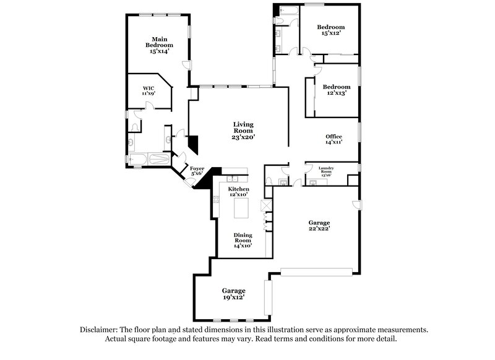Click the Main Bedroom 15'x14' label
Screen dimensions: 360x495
click(159, 45)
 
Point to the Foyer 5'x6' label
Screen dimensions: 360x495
click(197, 171)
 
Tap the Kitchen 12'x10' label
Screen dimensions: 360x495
click(238, 191)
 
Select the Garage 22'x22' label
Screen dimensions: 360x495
click(319, 226)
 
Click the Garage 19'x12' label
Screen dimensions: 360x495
click(233, 293)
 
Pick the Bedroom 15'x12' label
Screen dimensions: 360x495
click(330, 30)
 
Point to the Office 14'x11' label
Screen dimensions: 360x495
click(334, 140)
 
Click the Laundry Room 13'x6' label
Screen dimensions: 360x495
click(326, 171)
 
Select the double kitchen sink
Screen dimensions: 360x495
click(241, 171)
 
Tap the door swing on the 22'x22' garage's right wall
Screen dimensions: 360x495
click(355, 205)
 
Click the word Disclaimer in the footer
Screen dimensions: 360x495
click(99, 330)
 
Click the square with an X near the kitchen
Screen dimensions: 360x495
click(267, 205)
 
